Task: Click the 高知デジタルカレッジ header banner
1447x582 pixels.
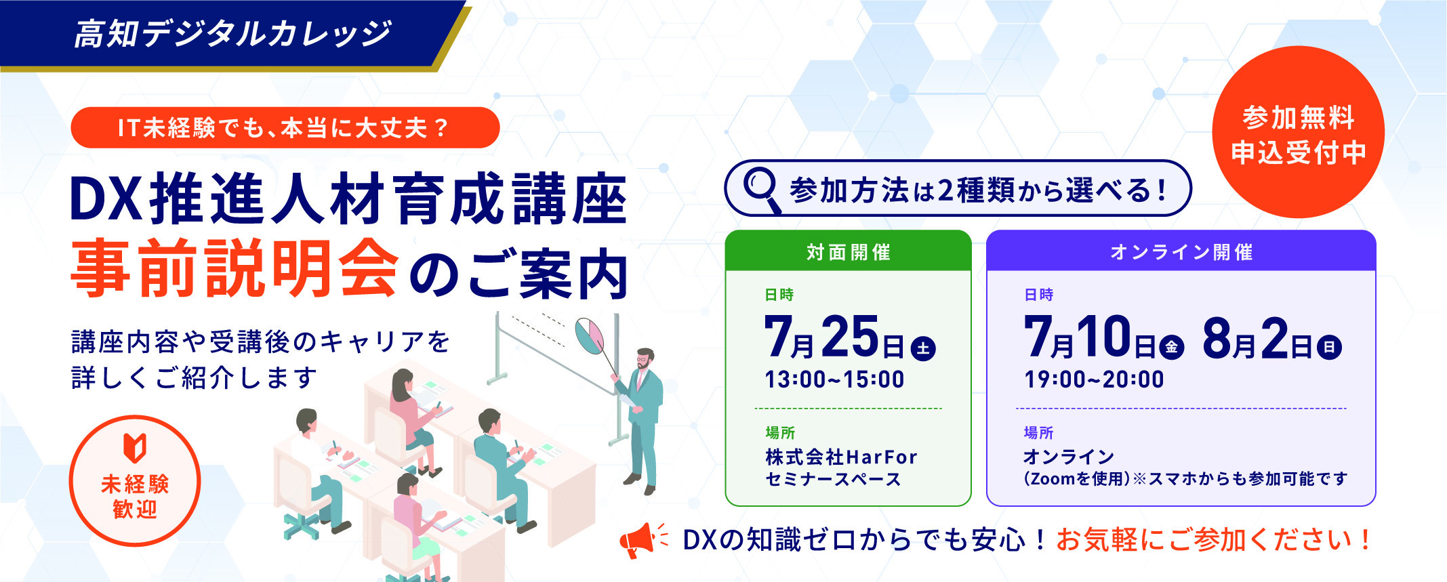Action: [230, 34]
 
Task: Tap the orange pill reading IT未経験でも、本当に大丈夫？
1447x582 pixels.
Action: [285, 127]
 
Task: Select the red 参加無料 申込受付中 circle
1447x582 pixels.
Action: [1298, 133]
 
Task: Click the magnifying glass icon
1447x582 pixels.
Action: [762, 188]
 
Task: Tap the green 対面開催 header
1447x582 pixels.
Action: [848, 251]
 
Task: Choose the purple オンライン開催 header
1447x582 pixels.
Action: [1181, 251]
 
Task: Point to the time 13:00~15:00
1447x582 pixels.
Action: [834, 379]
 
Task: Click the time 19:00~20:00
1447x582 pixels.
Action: [1094, 379]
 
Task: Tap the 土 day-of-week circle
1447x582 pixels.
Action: [922, 348]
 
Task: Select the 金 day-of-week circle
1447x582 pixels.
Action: [1171, 348]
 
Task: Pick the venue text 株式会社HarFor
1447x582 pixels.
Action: [841, 457]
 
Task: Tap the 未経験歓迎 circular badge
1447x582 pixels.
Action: [135, 481]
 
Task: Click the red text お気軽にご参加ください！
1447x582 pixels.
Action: [1214, 540]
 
